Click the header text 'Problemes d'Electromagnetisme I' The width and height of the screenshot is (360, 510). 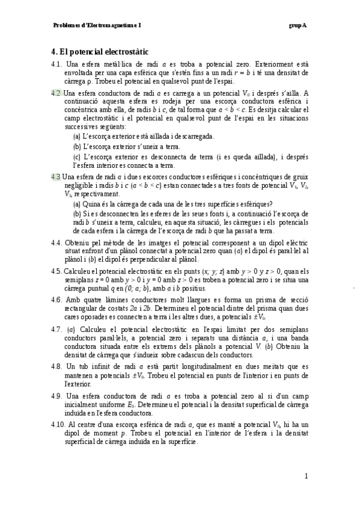[x=97, y=26]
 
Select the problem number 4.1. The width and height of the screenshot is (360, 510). [x=57, y=64]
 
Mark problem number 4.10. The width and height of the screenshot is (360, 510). [x=59, y=425]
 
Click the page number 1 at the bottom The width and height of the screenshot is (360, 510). [x=306, y=477]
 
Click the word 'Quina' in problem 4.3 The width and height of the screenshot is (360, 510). [x=91, y=203]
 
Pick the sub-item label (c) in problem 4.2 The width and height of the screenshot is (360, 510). [x=76, y=156]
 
